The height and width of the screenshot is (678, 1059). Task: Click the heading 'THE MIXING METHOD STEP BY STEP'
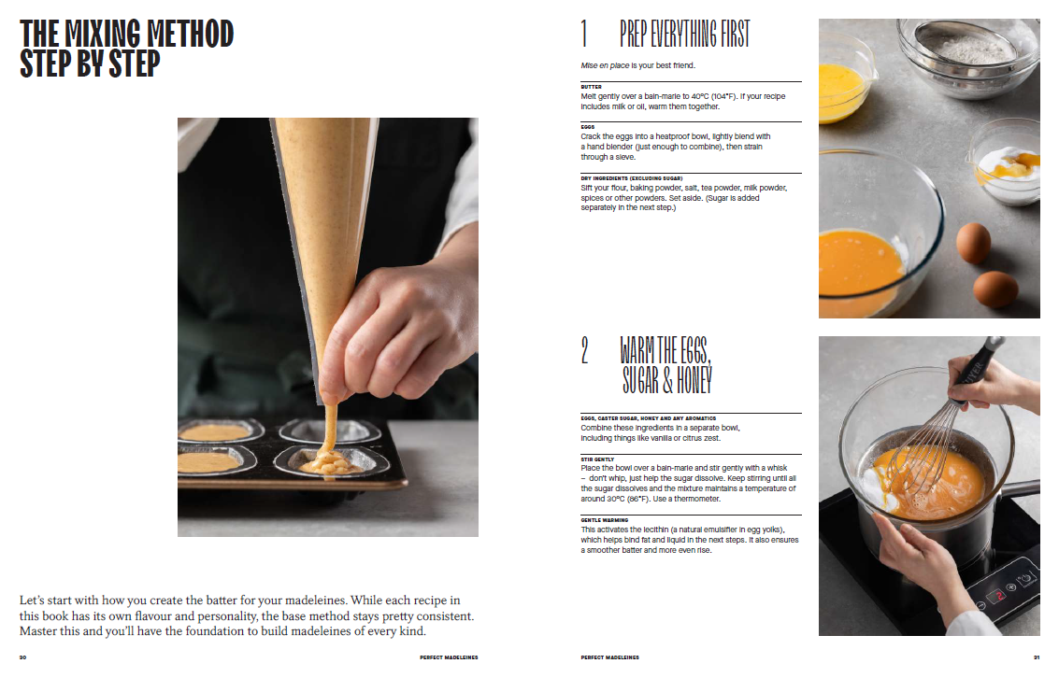(x=126, y=49)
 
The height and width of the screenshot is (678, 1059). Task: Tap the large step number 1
(x=584, y=34)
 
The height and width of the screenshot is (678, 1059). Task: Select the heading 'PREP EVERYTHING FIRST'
(x=685, y=34)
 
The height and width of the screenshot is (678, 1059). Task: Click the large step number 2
(x=585, y=350)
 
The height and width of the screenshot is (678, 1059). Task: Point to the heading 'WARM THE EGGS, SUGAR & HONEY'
(x=666, y=365)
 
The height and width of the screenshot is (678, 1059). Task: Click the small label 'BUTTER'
(x=591, y=87)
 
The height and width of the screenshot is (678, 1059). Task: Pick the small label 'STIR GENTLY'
(x=597, y=459)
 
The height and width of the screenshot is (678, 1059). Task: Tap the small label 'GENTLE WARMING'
(x=605, y=520)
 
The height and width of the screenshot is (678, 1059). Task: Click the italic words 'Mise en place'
(x=605, y=65)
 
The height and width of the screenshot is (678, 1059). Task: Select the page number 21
(x=1036, y=657)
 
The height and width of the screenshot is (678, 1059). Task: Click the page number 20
(x=23, y=657)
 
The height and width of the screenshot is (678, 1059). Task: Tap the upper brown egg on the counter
(x=973, y=243)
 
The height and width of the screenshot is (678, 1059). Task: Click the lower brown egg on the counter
(x=995, y=289)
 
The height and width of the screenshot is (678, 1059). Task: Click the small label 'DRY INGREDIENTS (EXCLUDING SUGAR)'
(x=632, y=178)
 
